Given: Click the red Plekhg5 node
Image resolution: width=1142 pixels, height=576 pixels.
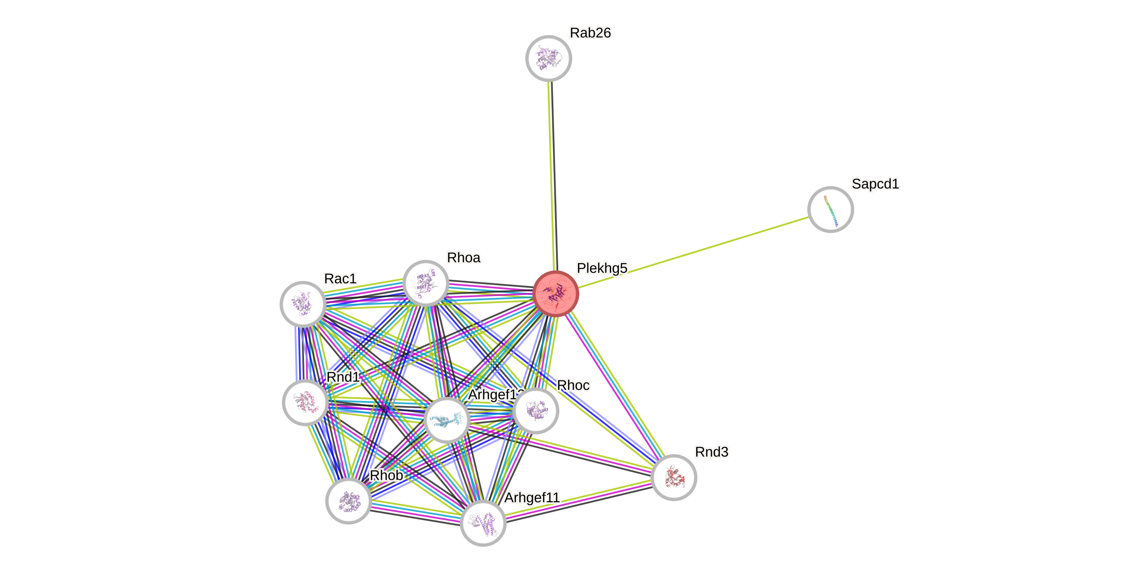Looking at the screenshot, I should [555, 294].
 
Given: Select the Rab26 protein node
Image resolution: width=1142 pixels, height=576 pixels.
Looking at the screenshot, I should [548, 59].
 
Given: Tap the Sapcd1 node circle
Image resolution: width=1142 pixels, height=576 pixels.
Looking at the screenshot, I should [830, 209].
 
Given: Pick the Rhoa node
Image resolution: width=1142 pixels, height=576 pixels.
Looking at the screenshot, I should [425, 283].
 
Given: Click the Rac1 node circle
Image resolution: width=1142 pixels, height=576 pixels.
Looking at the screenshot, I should [303, 304].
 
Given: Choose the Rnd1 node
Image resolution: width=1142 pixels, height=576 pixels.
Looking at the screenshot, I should [305, 402].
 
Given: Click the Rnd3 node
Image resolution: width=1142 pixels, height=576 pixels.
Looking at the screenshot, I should [674, 478].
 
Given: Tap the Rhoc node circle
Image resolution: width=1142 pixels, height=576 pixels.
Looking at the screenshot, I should [535, 411].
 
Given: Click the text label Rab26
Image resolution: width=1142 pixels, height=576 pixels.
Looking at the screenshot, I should [590, 33].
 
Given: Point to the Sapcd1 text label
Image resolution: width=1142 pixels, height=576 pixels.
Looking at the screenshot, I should [875, 184].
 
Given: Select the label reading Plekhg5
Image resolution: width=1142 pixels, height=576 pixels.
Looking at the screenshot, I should [602, 268].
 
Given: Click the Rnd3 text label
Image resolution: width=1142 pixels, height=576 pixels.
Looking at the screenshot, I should [711, 452].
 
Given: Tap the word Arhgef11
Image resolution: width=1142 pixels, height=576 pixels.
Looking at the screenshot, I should [532, 498].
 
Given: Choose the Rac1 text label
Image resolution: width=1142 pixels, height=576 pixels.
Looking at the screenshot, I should [340, 279].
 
